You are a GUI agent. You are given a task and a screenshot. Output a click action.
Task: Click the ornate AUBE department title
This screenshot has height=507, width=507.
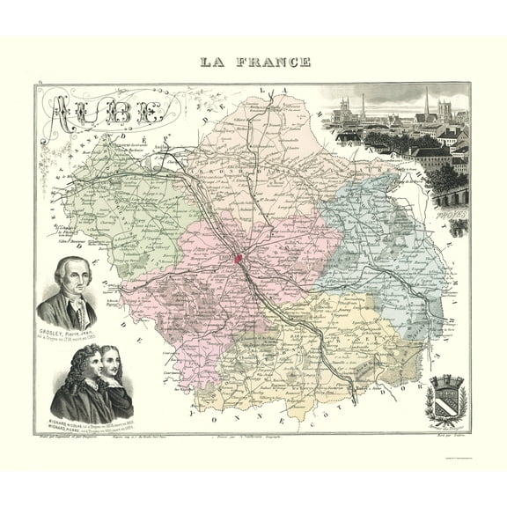(x=106, y=112)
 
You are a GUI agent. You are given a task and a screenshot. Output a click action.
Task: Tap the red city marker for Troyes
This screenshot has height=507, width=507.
(x=239, y=259)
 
